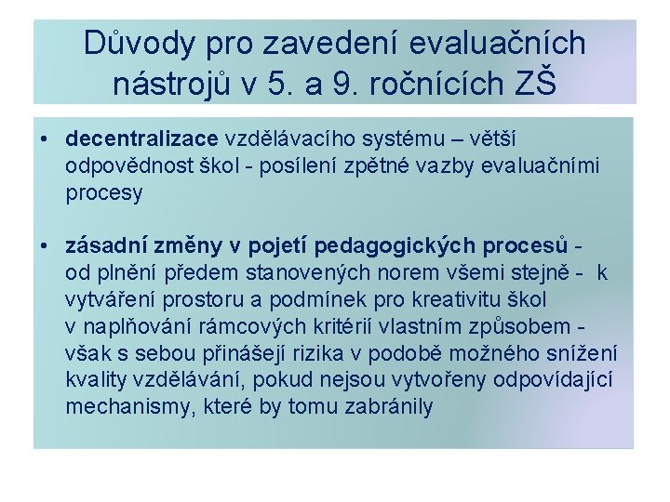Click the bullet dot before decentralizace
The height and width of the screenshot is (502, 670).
point(45,139)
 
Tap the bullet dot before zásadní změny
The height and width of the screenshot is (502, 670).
point(45,246)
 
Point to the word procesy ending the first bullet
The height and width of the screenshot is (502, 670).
point(104,193)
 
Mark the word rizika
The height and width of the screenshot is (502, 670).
point(327,354)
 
